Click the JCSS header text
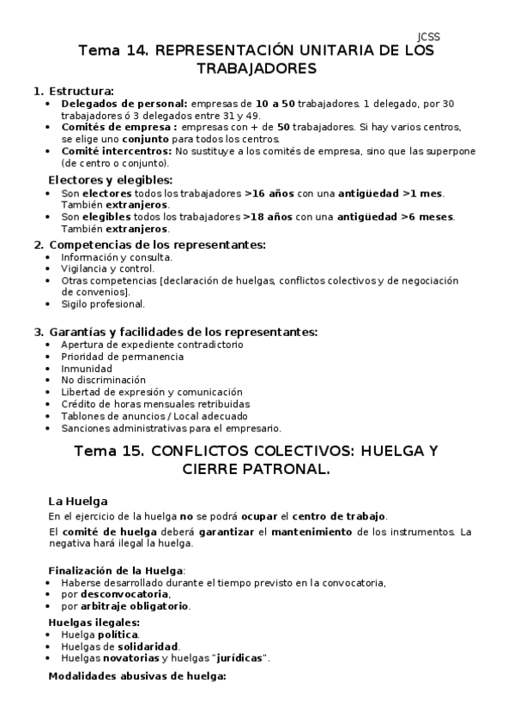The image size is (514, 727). click(428, 37)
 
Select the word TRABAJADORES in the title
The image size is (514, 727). click(257, 69)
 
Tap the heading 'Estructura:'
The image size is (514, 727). click(81, 91)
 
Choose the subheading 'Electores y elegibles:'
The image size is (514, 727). click(110, 180)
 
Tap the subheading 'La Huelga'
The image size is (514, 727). click(78, 501)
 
